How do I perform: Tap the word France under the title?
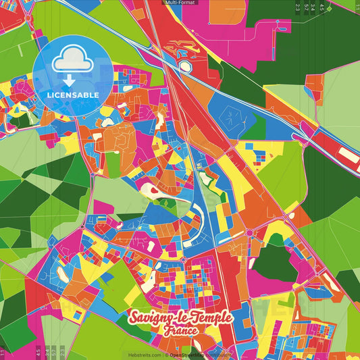(x=180, y=331)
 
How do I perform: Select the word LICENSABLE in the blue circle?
(x=72, y=95)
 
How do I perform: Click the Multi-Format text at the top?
(x=180, y=3)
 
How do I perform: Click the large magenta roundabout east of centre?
(x=250, y=233)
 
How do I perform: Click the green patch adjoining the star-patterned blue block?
(x=257, y=126)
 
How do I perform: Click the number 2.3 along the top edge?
(x=297, y=8)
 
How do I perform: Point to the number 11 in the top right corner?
(x=356, y=8)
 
